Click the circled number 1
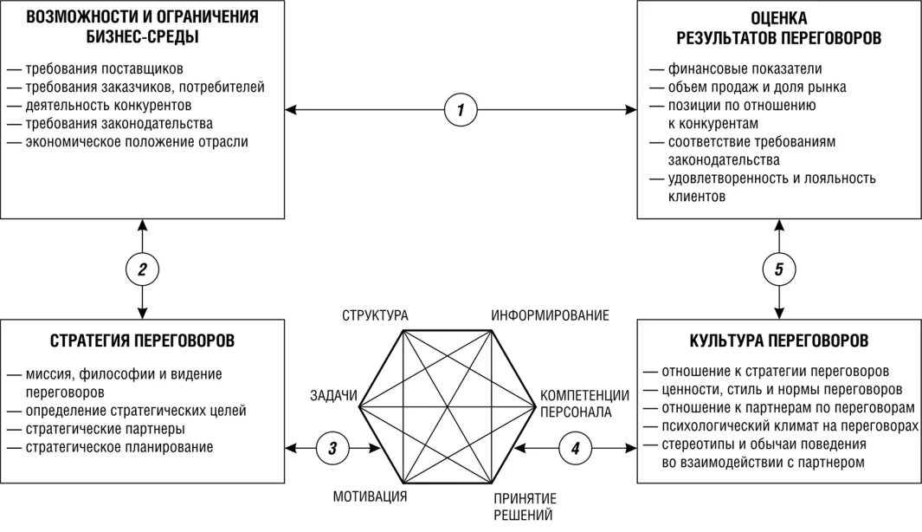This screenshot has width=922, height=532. click(461, 110)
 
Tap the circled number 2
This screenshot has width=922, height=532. click(142, 269)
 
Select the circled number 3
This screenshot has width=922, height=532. click(333, 448)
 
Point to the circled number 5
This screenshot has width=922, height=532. click(779, 269)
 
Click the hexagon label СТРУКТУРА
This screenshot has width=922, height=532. click(375, 315)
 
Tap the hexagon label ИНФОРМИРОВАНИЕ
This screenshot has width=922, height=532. click(551, 315)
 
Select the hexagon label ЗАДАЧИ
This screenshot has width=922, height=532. click(333, 396)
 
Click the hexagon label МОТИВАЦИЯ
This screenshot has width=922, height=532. click(370, 496)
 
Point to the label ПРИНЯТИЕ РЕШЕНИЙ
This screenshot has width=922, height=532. click(525, 507)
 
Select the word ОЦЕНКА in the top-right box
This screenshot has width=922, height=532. click(779, 17)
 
